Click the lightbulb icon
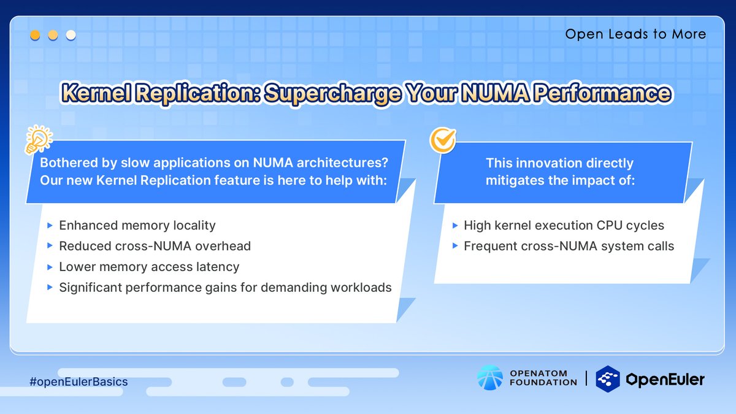tap(39, 139)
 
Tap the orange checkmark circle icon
tap(443, 140)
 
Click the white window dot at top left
tap(71, 35)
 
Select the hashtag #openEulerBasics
tap(79, 381)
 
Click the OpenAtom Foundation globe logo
tap(490, 378)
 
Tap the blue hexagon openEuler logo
tap(608, 379)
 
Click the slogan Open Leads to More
tap(635, 34)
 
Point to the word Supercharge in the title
tap(333, 93)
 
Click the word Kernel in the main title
tap(97, 93)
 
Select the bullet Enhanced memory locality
tap(137, 226)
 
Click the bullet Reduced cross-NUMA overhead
tap(155, 246)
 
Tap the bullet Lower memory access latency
tap(149, 267)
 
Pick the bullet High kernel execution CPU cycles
tap(564, 226)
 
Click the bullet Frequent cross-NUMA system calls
tap(569, 246)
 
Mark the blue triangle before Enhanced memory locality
tap(50, 226)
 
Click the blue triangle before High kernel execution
tap(455, 226)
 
